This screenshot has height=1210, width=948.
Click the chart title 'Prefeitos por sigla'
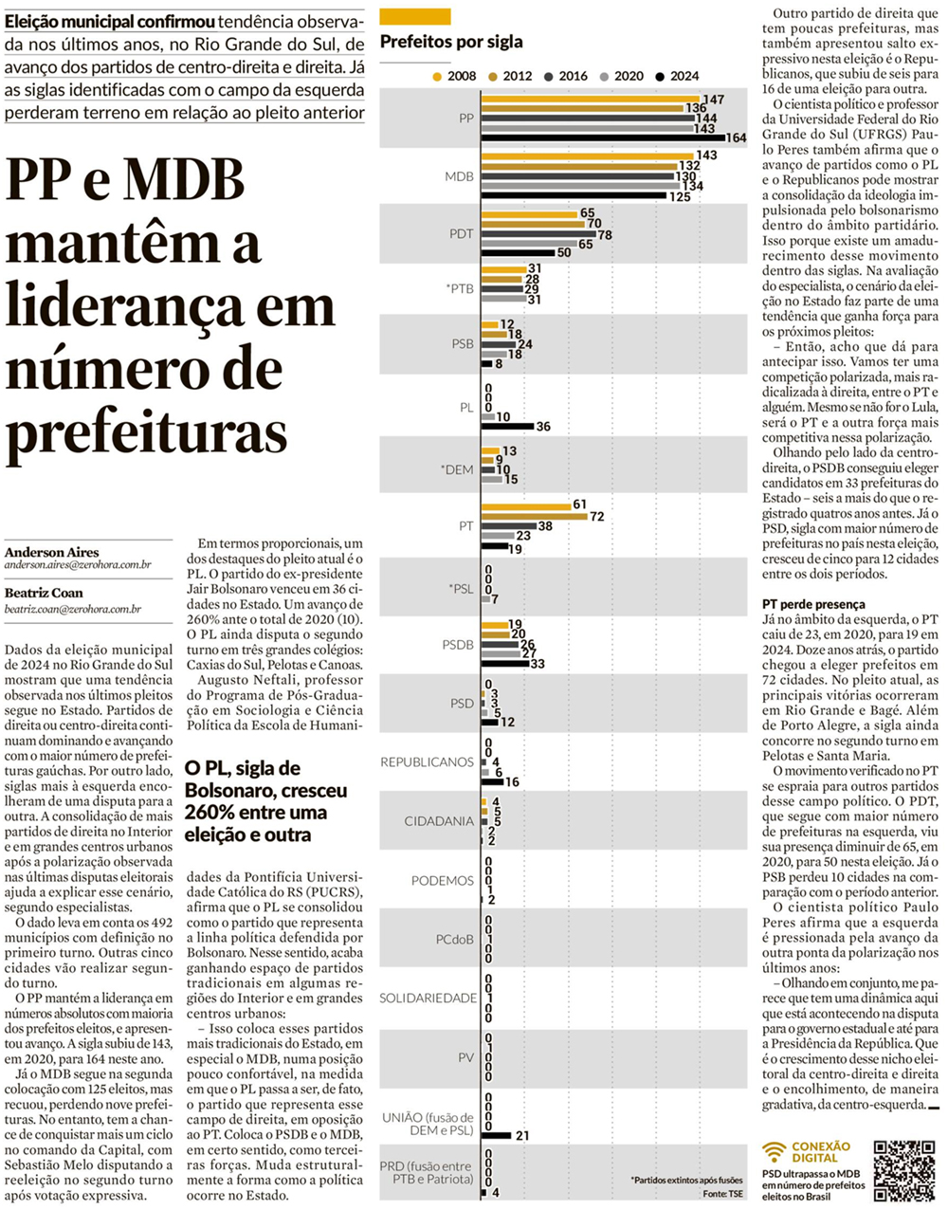coord(451,42)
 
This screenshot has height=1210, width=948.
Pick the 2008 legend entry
coord(454,76)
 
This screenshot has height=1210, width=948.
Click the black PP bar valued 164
coord(602,138)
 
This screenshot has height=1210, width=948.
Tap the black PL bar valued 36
coord(507,427)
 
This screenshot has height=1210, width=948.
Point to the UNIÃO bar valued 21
coord(496,1135)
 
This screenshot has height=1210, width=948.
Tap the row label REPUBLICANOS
coord(427,762)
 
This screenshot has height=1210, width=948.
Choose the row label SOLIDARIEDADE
coord(428,998)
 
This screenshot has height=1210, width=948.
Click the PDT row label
coord(461,234)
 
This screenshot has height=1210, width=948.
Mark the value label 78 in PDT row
coord(605,234)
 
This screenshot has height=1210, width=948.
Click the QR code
coord(903,1170)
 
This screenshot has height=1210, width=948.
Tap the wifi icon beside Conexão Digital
coord(775,1152)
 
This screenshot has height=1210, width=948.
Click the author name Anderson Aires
coord(51,552)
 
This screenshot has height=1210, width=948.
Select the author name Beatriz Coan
coord(44,593)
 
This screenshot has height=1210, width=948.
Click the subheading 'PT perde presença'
coord(813,604)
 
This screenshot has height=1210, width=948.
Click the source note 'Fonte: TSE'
coord(722,1193)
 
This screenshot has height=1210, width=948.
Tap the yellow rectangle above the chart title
coord(414,16)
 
